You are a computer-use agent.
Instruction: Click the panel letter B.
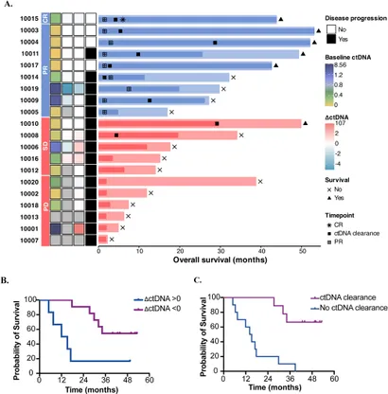[6, 281]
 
